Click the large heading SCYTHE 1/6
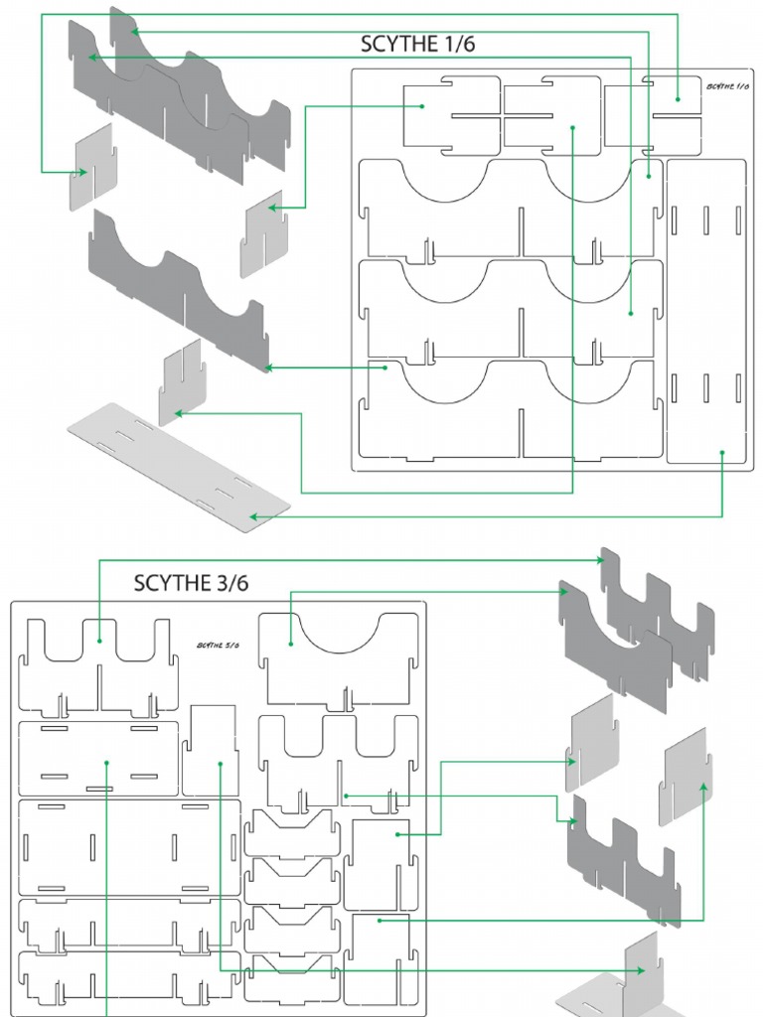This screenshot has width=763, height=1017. [x=423, y=44]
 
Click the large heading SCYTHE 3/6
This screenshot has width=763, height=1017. [x=192, y=583]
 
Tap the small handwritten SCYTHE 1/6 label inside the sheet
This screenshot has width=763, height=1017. [x=728, y=86]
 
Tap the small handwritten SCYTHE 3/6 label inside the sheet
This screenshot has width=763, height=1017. [x=218, y=645]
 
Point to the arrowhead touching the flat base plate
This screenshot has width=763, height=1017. [x=254, y=516]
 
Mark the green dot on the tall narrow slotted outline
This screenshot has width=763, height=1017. [x=722, y=453]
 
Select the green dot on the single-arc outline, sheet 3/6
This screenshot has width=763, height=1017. [x=291, y=644]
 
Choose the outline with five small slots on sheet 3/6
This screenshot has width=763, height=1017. [x=98, y=760]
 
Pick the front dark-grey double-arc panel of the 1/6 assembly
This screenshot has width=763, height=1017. [x=179, y=288]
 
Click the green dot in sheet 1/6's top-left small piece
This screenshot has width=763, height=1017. [x=422, y=105]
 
